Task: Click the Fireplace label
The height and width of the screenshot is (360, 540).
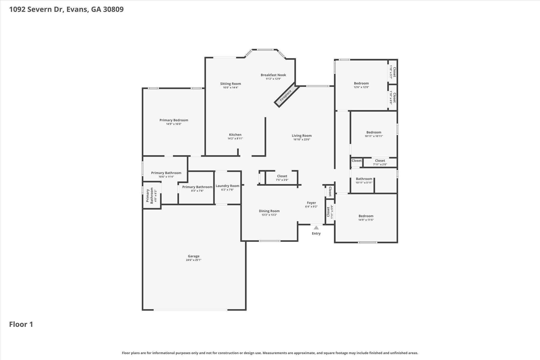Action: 286,96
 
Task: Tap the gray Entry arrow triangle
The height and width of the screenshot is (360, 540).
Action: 316,228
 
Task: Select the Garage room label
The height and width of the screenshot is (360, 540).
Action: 194,256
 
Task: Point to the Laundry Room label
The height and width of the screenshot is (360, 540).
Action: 228,186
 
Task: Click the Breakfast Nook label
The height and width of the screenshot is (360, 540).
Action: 273,75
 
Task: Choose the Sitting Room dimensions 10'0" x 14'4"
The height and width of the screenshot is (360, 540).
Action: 231,88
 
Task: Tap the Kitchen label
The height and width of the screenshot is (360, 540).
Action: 235,135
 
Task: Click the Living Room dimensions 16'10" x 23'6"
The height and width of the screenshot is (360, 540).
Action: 302,140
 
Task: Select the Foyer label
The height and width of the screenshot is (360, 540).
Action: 311,203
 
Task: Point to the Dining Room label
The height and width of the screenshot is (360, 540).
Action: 269,211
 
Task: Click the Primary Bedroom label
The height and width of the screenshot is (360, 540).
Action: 174,120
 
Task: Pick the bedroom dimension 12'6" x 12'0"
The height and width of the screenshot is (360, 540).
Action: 361,87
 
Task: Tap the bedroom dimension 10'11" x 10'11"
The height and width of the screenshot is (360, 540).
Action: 374,136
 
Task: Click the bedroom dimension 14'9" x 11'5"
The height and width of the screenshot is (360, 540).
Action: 366,220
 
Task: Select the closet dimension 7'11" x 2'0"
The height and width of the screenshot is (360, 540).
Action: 380,164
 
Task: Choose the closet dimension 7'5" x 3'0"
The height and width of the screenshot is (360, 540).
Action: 282,180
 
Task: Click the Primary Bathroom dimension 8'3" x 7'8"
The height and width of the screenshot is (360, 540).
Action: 197,191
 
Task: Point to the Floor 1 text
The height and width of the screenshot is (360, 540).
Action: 21,324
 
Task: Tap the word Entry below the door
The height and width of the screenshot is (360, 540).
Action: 316,233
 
